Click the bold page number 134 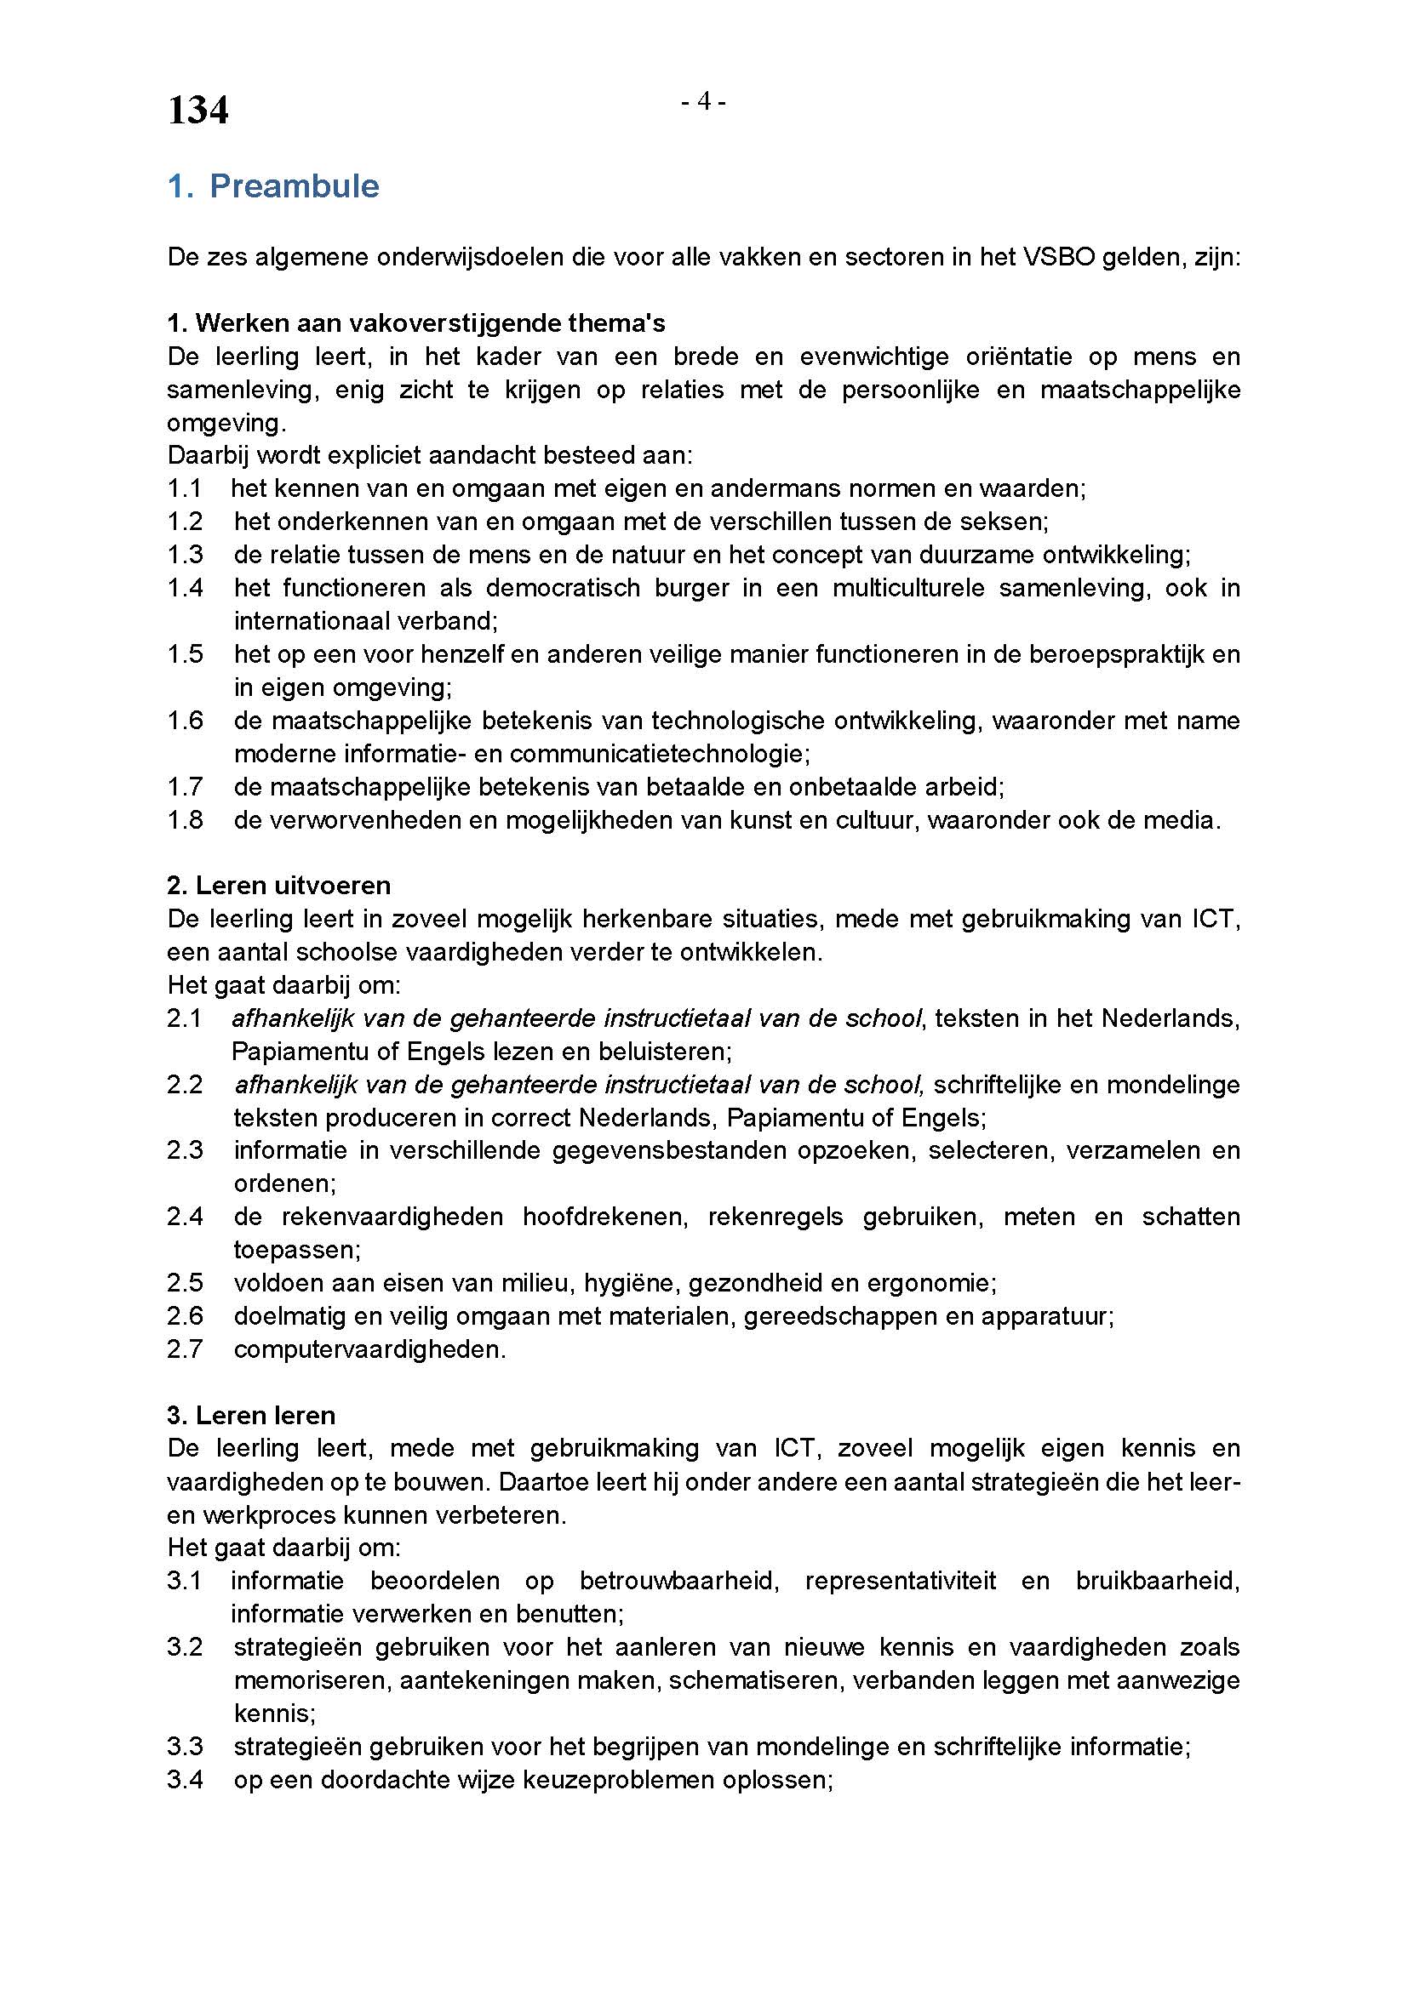click(197, 110)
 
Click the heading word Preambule click(294, 186)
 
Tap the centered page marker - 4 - click(703, 102)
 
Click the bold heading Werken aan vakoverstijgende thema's click(416, 323)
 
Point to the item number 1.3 click(185, 555)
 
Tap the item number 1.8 click(185, 820)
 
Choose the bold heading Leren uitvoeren click(279, 886)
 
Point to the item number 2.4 click(185, 1217)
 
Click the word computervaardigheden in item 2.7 click(369, 1349)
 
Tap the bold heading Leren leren click(251, 1417)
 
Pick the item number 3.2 click(185, 1648)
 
